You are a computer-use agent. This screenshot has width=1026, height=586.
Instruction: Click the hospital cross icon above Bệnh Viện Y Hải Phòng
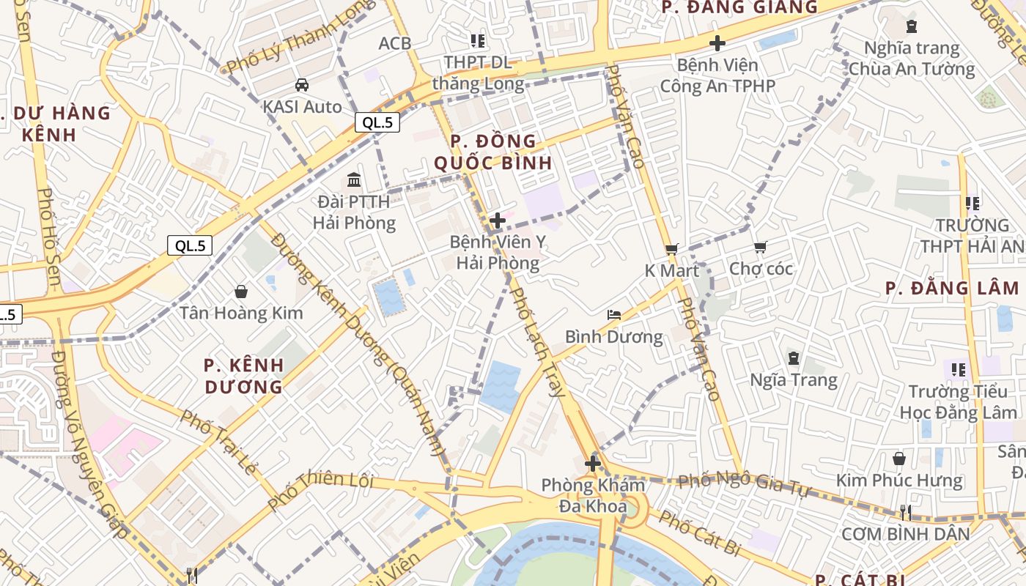coord(498,220)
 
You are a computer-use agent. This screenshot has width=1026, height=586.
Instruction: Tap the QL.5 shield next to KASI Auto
coord(377,122)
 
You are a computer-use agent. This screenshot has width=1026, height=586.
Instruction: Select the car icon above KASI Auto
coord(302,85)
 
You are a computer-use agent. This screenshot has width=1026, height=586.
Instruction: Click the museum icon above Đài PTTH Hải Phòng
coord(354,179)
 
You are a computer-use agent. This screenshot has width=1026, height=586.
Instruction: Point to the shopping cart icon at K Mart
coord(671,249)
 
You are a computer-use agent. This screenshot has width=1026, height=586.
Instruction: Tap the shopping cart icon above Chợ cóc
coord(760,248)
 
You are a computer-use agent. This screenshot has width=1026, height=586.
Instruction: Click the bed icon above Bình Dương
coord(614,315)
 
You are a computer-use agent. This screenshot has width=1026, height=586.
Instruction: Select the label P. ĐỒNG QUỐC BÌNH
coord(493,152)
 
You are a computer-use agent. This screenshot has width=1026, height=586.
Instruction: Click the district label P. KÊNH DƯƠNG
coord(243,376)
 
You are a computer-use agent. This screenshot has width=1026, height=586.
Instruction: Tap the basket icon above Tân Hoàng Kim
coord(241,292)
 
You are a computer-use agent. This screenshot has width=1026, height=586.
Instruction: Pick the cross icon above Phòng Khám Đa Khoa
coord(593,464)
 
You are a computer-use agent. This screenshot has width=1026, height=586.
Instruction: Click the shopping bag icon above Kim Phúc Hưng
coord(899,459)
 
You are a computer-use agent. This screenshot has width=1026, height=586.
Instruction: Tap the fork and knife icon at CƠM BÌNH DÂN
coord(906,512)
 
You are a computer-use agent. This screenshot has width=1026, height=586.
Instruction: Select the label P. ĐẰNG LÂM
coord(952,288)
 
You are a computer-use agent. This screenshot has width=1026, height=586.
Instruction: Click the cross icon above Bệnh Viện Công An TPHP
coord(717,43)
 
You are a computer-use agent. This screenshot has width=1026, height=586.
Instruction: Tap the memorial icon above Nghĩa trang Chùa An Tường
coord(911,26)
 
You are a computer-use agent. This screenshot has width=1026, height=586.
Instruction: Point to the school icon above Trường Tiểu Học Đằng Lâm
coord(959,370)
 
